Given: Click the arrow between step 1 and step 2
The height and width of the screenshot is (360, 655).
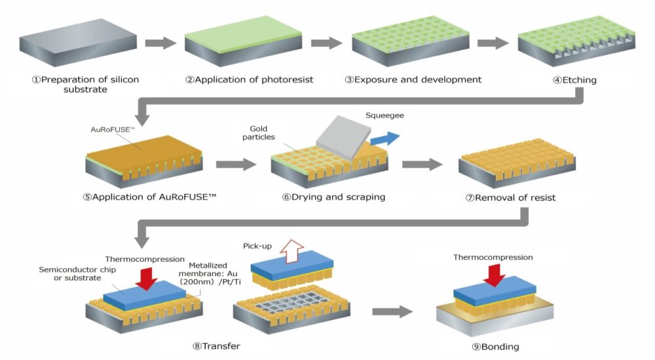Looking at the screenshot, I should pyautogui.click(x=160, y=43).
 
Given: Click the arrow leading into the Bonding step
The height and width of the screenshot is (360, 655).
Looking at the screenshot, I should pyautogui.click(x=392, y=312).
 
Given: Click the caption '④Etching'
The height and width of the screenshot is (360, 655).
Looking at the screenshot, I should pyautogui.click(x=574, y=81).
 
